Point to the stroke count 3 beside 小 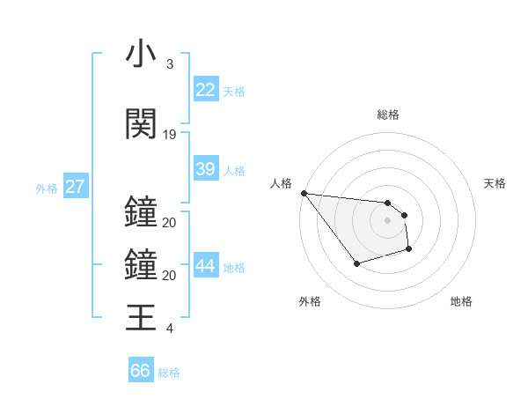pyautogui.click(x=169, y=64)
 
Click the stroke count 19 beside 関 pyautogui.click(x=170, y=134)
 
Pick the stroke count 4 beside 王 pyautogui.click(x=169, y=329)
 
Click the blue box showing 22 pyautogui.click(x=206, y=90)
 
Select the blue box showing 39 pyautogui.click(x=206, y=169)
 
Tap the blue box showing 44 pyautogui.click(x=206, y=266)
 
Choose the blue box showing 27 pyautogui.click(x=76, y=187)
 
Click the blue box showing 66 pyautogui.click(x=141, y=371)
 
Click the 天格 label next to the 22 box pyautogui.click(x=234, y=91)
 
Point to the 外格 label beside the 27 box pyautogui.click(x=47, y=188)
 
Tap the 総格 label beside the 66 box pyautogui.click(x=170, y=372)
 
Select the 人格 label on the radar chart pyautogui.click(x=281, y=183)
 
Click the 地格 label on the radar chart pyautogui.click(x=461, y=301)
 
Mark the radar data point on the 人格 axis pyautogui.click(x=304, y=193)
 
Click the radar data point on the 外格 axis pyautogui.click(x=356, y=263)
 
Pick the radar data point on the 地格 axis pyautogui.click(x=409, y=249)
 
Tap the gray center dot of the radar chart pyautogui.click(x=387, y=220)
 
